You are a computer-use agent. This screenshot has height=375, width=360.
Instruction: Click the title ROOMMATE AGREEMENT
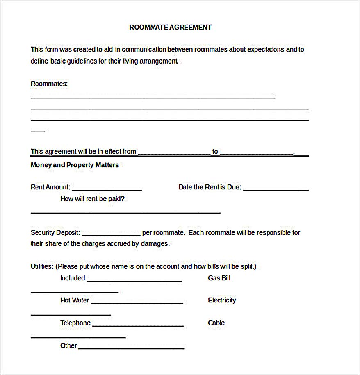pos(170,27)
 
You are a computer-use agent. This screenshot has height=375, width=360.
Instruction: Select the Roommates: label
pos(49,84)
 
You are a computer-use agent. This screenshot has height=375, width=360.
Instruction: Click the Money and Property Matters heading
pos(75,165)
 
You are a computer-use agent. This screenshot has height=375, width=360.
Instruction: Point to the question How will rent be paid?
pos(92,199)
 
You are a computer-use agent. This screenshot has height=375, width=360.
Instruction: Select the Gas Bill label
pos(219,278)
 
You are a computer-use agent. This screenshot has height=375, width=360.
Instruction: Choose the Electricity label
pos(222,300)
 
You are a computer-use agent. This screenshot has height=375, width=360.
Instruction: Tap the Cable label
pos(216,323)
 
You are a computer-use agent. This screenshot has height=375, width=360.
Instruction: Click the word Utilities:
pos(42,266)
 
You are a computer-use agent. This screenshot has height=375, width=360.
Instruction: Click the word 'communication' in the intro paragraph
pos(144,50)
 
